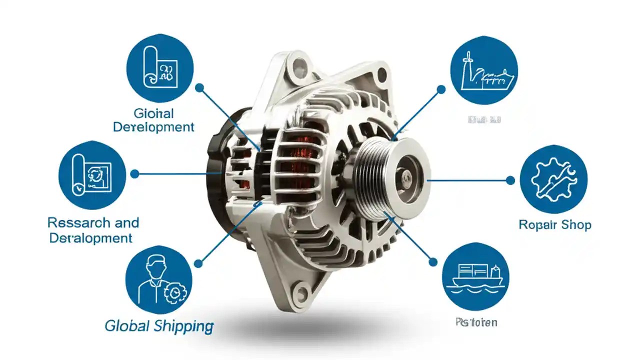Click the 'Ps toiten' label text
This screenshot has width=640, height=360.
coord(476,322)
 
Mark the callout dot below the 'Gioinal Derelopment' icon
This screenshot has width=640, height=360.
coord(199,87)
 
